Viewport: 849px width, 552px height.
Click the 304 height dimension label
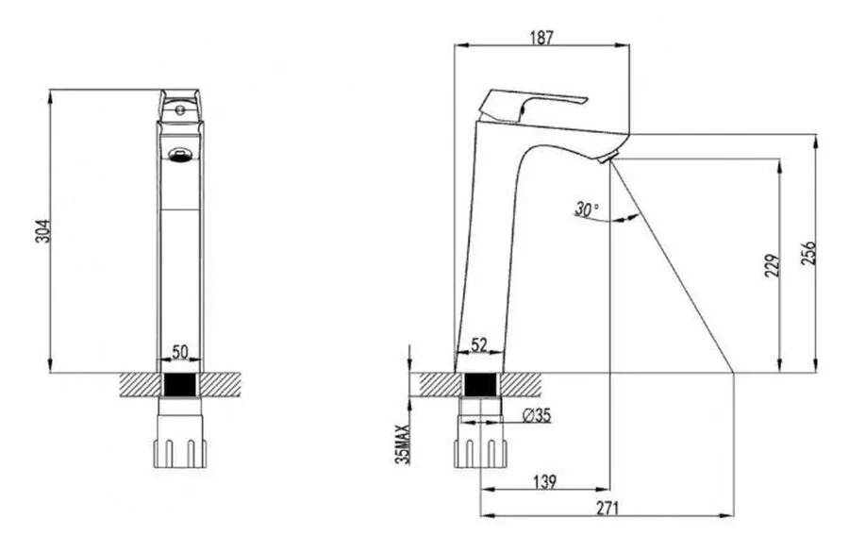(43, 231)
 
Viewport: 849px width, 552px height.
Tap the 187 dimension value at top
(541, 38)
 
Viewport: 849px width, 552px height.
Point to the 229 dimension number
(773, 265)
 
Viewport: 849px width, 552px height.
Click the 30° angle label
(587, 209)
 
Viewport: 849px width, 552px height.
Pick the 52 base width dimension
(479, 344)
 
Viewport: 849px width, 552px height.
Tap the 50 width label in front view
(180, 352)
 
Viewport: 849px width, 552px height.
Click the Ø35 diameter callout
(536, 415)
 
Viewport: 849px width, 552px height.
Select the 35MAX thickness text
(402, 444)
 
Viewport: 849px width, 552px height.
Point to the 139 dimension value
(544, 481)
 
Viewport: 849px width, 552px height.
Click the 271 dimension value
(608, 508)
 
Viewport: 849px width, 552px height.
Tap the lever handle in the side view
(532, 105)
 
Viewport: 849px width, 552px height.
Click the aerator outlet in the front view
(180, 156)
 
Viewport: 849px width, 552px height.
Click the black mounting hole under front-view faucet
(180, 385)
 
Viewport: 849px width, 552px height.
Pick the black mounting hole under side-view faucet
(480, 385)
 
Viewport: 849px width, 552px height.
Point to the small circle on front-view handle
(180, 110)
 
